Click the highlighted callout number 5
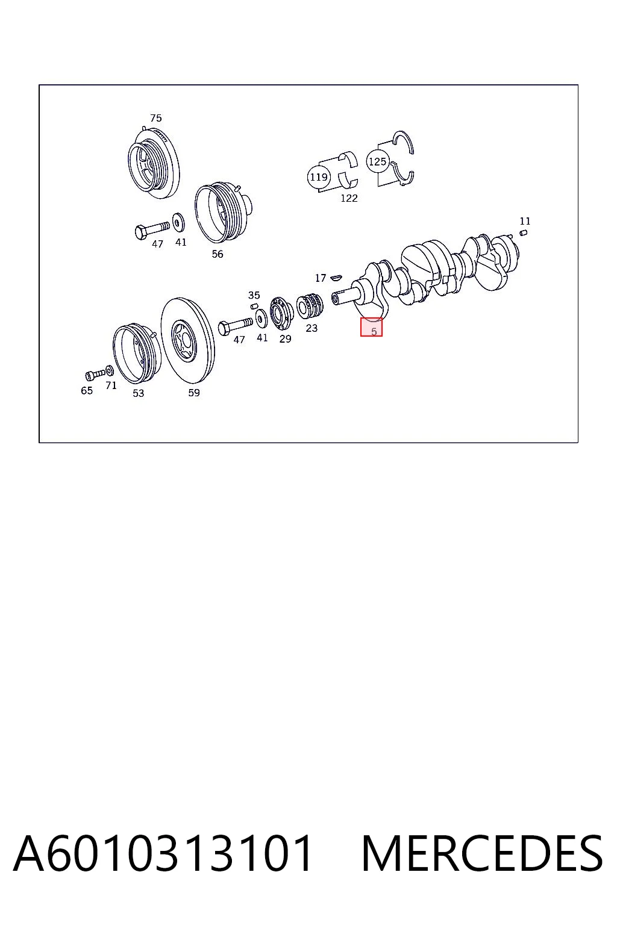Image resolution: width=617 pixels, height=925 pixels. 374,331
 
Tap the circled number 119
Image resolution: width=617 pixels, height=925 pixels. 319,177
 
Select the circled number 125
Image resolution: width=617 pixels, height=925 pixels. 377,161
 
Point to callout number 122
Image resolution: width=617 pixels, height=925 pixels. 349,198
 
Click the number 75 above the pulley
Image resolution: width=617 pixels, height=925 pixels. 156,118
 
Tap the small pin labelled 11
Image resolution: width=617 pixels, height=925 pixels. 523,232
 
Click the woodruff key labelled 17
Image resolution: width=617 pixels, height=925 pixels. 336,278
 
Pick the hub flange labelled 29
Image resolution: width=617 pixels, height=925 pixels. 281,313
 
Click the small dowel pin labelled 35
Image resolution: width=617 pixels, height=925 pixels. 254,305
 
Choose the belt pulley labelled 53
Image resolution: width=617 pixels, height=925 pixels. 137,353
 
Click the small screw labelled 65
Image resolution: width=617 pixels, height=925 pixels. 95,375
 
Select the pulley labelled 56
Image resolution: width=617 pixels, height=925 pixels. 223,213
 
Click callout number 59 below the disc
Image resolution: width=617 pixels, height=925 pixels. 194,393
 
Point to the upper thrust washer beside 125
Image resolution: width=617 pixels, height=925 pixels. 404,142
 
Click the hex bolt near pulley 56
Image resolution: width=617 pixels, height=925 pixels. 152,229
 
